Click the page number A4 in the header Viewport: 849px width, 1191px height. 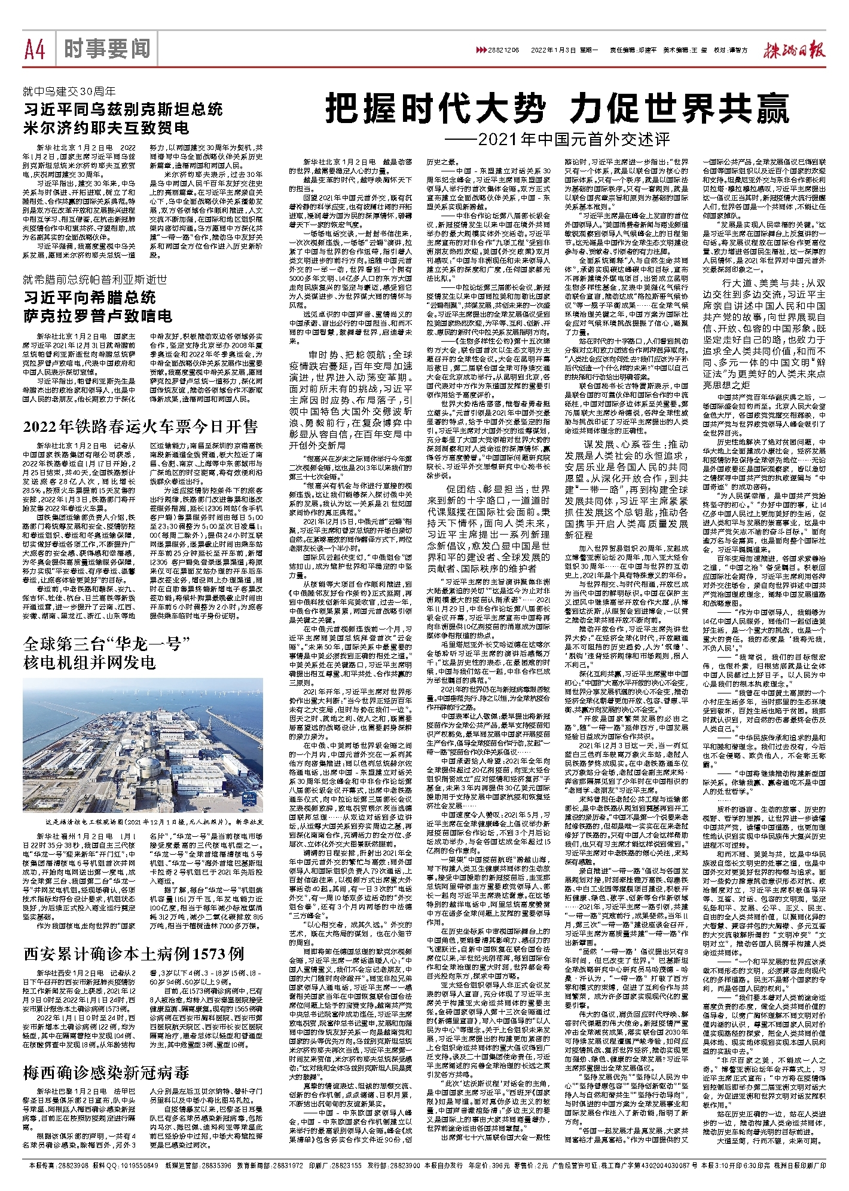(x=35, y=48)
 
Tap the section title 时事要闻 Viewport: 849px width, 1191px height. (x=108, y=48)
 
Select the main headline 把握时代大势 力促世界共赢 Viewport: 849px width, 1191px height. (x=557, y=109)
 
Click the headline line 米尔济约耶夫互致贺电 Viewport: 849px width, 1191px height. (x=106, y=128)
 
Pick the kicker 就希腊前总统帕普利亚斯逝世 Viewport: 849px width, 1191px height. (x=95, y=279)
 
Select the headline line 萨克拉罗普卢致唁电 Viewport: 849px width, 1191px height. (x=98, y=315)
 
